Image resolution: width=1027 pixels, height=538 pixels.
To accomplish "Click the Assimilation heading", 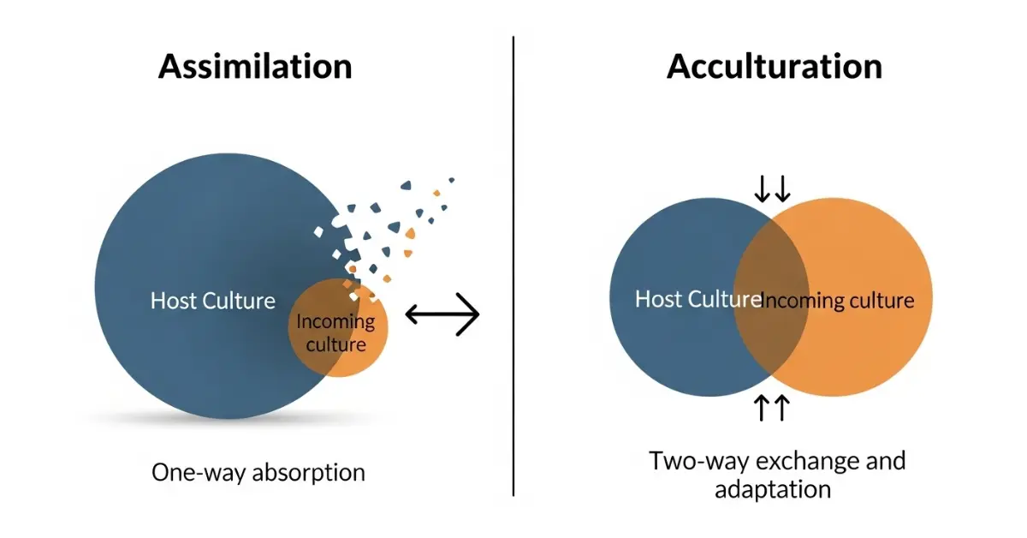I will [x=255, y=67].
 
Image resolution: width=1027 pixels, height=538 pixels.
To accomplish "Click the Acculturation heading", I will [x=774, y=67].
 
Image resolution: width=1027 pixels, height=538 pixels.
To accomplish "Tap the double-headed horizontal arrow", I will [x=442, y=314].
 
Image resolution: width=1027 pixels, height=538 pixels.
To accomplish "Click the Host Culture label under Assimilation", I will [x=213, y=301].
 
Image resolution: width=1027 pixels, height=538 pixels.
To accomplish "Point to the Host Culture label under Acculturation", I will [x=698, y=299].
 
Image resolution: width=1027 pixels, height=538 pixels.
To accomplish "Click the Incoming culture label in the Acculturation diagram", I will [x=838, y=301].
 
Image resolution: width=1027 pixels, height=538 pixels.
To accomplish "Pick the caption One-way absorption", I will [x=258, y=472].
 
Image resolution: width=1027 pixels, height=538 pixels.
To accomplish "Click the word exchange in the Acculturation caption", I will [x=807, y=461].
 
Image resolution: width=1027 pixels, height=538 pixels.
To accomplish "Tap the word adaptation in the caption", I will [x=773, y=489].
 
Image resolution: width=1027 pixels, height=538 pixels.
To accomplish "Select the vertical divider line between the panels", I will [x=513, y=266].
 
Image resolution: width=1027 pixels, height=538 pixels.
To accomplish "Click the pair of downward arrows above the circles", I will [x=772, y=188].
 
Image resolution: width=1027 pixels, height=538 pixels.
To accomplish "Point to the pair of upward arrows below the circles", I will [x=772, y=408].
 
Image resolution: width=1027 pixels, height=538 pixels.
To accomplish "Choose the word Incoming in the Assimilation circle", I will [x=335, y=322].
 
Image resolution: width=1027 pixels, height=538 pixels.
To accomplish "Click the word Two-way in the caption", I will [x=695, y=461].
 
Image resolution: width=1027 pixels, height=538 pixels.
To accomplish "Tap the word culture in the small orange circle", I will [x=335, y=345].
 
